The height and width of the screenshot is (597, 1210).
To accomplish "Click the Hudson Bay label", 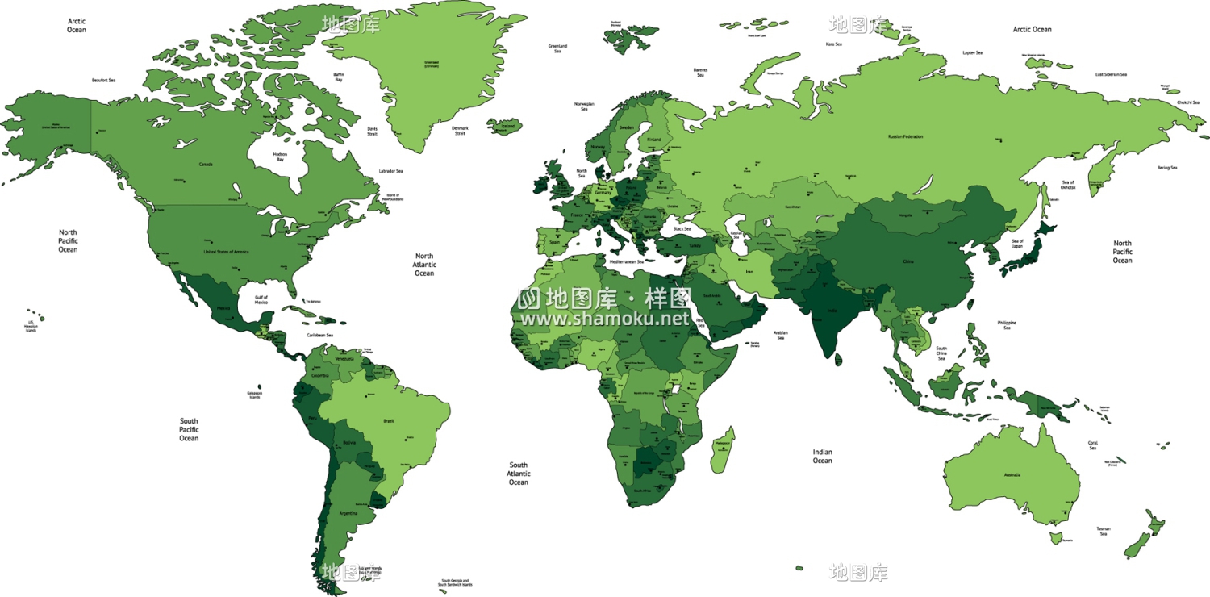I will (x=280, y=157).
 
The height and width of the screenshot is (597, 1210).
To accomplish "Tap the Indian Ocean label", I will (x=822, y=457).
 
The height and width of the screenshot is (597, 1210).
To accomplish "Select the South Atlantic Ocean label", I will (x=518, y=474).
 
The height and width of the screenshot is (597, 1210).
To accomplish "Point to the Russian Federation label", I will (x=905, y=137).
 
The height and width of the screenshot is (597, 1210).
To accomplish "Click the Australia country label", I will (x=1012, y=475).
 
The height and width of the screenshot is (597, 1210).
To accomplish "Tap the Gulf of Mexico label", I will (x=261, y=299).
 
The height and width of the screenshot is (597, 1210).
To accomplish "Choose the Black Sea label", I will (x=682, y=229).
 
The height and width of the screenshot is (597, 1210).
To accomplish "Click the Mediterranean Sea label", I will (x=627, y=262).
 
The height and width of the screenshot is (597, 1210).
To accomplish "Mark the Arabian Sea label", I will (x=780, y=335).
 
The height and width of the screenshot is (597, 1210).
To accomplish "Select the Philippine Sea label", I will (x=1007, y=325).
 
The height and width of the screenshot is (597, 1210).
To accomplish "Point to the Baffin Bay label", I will (x=339, y=77).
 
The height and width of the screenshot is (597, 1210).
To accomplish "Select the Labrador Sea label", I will (x=390, y=171).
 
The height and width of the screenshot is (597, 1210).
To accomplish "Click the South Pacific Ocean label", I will (x=189, y=429).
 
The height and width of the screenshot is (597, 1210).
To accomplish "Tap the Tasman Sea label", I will (x=1103, y=531).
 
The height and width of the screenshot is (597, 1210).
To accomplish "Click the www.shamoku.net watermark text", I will (x=605, y=319).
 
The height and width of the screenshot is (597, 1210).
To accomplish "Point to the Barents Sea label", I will (x=700, y=73).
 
